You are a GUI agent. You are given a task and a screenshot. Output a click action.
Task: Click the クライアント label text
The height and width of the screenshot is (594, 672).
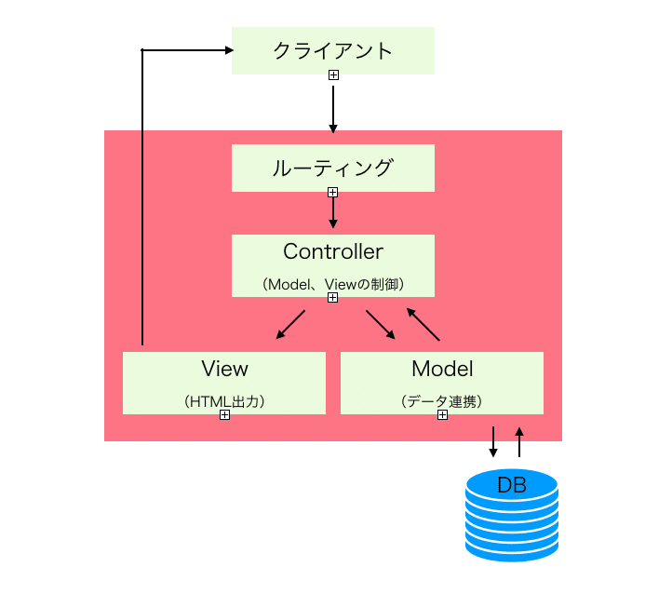click(332, 50)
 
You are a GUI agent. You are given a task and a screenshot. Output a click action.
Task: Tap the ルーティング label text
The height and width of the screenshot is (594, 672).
click(332, 168)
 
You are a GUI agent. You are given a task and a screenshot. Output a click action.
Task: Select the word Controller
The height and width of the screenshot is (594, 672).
click(332, 251)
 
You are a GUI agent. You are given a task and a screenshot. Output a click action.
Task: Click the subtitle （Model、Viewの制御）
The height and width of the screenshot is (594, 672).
click(332, 283)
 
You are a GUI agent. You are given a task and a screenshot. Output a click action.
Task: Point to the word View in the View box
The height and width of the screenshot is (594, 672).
click(224, 369)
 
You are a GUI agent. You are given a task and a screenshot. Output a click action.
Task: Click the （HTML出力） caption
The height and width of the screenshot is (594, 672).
click(224, 401)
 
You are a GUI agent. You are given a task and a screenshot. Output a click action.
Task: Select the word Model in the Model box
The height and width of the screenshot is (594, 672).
click(442, 369)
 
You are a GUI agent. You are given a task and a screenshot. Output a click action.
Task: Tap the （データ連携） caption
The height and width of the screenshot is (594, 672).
click(442, 401)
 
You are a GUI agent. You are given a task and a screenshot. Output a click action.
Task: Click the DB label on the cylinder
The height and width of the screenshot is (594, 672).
click(512, 485)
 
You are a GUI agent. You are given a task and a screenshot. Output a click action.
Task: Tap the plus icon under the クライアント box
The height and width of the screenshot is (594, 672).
click(333, 74)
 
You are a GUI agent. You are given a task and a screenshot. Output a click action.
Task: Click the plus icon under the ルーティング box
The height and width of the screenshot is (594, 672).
click(333, 192)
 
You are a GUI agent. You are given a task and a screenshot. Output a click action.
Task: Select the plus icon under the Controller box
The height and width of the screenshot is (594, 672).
click(333, 298)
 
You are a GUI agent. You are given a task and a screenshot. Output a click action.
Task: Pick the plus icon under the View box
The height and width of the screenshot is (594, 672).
click(224, 415)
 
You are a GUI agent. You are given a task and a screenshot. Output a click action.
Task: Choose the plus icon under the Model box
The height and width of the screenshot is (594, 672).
click(442, 415)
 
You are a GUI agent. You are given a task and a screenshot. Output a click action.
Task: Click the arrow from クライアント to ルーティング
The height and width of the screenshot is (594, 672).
click(333, 107)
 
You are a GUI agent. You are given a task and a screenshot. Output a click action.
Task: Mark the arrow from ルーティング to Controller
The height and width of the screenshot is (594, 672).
click(333, 213)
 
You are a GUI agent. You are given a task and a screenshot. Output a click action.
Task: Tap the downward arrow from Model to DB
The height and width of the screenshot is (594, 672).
click(493, 442)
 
